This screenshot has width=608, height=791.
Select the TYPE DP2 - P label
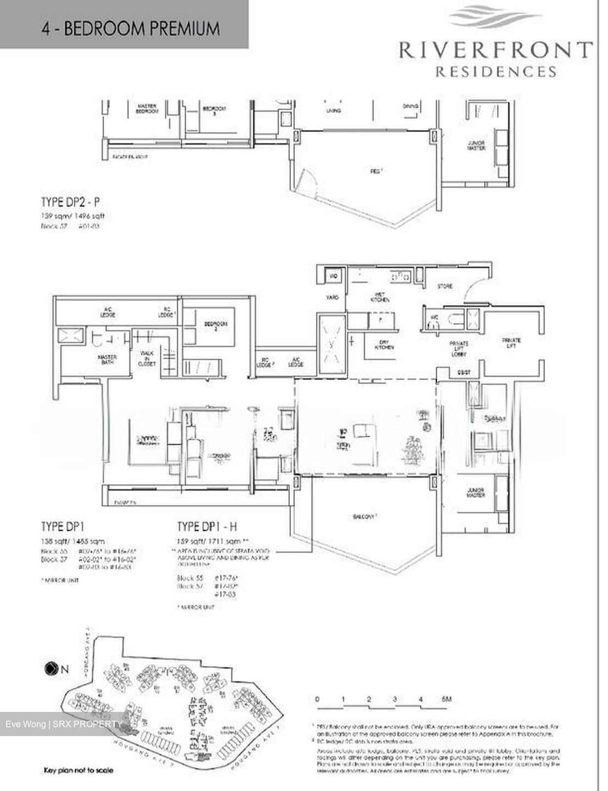point(71,203)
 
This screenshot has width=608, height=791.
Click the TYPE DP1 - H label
point(207,527)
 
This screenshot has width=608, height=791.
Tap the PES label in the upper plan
point(376,171)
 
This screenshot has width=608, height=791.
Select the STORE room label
point(444,287)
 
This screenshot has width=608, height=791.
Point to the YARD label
point(333,297)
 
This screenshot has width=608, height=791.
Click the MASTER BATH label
point(108,360)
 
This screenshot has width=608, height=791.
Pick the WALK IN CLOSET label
point(147,358)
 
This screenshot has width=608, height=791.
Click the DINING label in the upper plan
point(410,107)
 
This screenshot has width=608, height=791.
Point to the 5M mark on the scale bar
point(445,699)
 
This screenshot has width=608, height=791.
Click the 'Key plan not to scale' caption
point(78,770)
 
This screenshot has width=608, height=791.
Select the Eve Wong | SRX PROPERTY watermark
point(64,724)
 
